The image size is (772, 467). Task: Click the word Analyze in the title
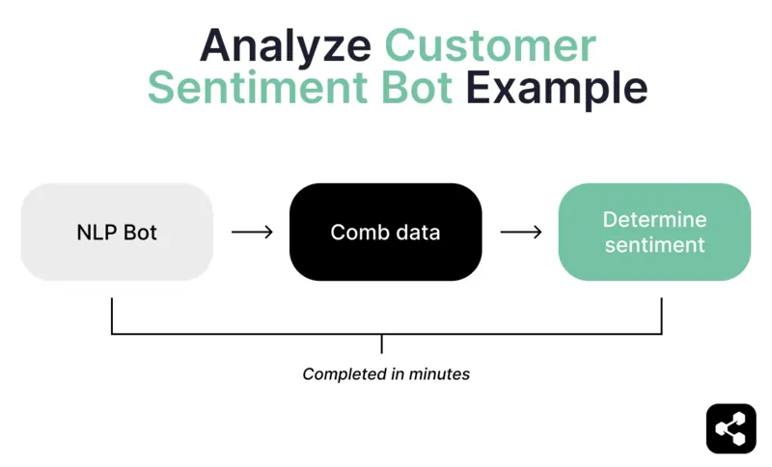pos(285,44)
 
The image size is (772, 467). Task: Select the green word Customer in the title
pos(490,44)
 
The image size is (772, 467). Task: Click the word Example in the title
pos(557,88)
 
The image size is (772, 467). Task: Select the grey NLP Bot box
pos(117,233)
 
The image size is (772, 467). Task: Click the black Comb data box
pos(385,233)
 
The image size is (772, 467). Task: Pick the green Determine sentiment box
pos(654,233)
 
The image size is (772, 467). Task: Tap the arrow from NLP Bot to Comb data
pos(252,233)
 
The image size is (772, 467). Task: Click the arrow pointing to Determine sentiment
pos(520,233)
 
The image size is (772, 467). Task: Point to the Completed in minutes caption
pos(386,373)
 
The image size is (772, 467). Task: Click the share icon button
pos(731,428)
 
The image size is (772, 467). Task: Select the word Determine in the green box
pos(654,220)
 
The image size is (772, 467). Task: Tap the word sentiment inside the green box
pos(654,245)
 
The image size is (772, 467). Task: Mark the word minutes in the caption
pos(439,373)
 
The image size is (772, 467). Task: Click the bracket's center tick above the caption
pos(383,343)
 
